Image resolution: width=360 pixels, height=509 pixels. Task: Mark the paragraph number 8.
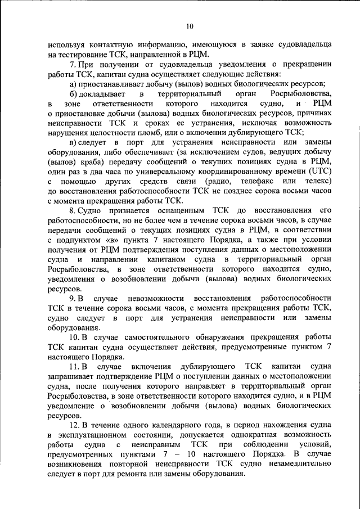[73, 210]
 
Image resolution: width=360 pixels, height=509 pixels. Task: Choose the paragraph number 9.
[73, 298]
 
